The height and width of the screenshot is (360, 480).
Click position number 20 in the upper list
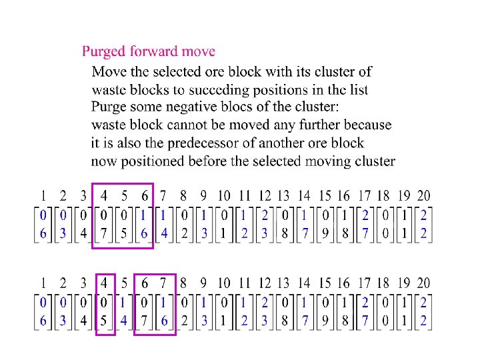423,196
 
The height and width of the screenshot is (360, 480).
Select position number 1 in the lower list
43,283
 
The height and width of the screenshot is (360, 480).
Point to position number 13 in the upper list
283,196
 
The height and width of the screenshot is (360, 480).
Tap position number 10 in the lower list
224,283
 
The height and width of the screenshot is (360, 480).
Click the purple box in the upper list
123,215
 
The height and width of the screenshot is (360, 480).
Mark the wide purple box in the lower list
154,305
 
